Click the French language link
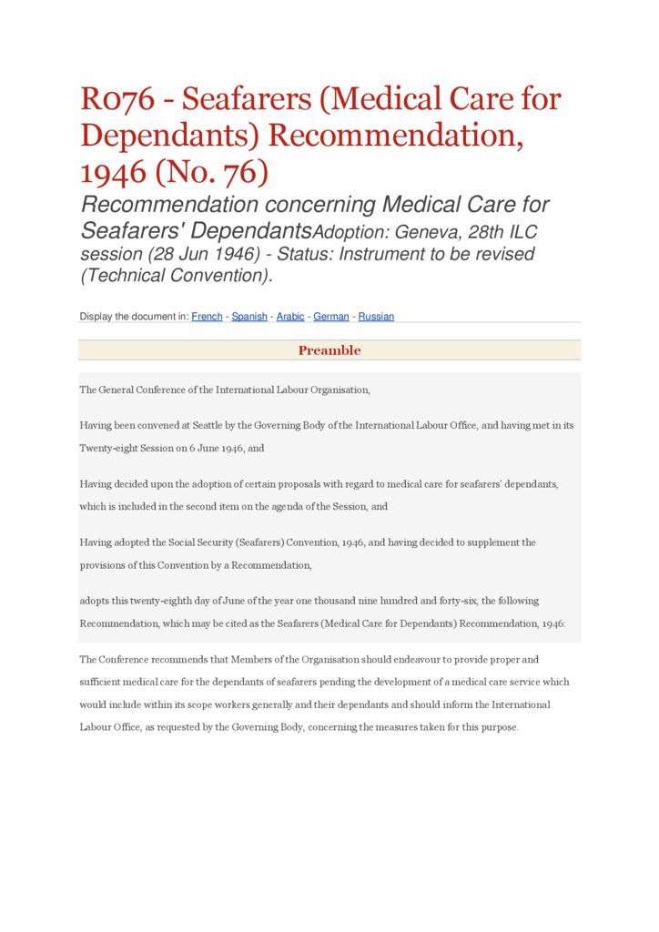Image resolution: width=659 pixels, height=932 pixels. pyautogui.click(x=207, y=317)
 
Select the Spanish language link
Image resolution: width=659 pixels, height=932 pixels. pyautogui.click(x=249, y=317)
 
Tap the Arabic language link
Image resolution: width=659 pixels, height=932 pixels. pyautogui.click(x=290, y=317)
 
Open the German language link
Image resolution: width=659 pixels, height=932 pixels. pyautogui.click(x=331, y=317)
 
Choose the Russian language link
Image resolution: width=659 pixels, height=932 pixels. pyautogui.click(x=376, y=317)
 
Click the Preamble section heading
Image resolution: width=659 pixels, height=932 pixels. pyautogui.click(x=329, y=350)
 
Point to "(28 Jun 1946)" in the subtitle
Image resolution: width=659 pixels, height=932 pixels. pyautogui.click(x=201, y=254)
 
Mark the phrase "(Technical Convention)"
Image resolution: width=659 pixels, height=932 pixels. pyautogui.click(x=177, y=276)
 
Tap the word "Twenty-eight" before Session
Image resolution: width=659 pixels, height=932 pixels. pyautogui.click(x=110, y=449)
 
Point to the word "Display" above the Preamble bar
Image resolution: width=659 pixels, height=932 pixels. pyautogui.click(x=96, y=317)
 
